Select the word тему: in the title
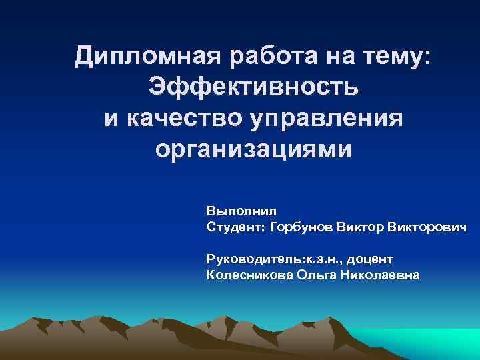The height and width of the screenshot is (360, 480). click(395, 56)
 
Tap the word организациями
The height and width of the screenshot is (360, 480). click(253, 149)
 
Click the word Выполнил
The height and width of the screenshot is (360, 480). click(236, 211)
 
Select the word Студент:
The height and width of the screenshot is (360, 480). click(236, 227)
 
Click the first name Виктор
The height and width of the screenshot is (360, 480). click(364, 227)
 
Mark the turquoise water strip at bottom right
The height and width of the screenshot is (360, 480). click(427, 343)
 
